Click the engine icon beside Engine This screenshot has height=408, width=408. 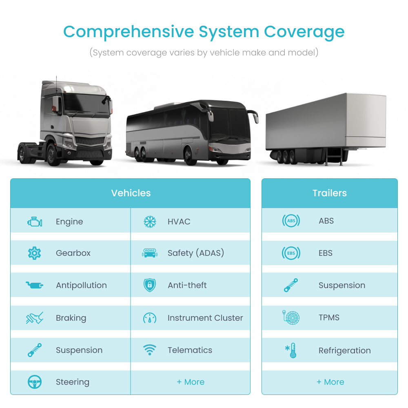point(35,222)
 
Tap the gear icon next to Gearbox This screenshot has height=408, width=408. point(34,253)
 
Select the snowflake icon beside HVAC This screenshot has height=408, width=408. point(150,222)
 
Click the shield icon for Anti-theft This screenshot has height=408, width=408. point(150,285)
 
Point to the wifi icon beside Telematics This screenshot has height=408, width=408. point(150,350)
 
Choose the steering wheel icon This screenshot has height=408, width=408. point(35,382)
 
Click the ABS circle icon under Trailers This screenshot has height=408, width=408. point(291,221)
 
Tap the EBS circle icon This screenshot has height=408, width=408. point(291,253)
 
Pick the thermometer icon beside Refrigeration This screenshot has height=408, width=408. point(291,350)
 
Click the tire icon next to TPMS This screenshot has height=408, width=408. point(291,317)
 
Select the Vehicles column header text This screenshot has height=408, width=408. point(131,193)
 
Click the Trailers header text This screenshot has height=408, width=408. point(329,193)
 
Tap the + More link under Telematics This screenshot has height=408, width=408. point(191,382)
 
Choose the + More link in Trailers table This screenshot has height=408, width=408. point(330,382)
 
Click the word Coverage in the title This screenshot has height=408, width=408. point(304,32)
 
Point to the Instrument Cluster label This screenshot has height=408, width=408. point(205,318)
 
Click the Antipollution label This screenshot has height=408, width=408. point(81,285)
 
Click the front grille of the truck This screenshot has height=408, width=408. point(90,141)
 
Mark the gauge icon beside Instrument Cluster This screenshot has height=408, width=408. point(150,318)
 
